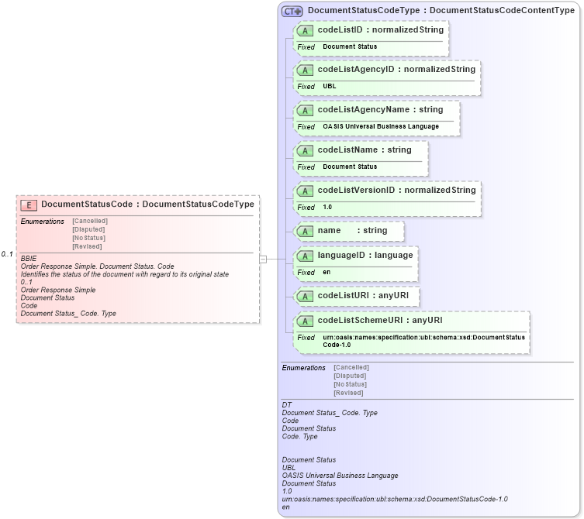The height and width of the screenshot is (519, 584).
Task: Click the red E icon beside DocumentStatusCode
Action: tap(28, 205)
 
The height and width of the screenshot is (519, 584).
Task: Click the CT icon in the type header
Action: tap(292, 11)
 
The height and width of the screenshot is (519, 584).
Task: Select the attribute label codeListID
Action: tap(340, 30)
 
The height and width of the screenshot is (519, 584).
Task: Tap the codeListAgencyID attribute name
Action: tap(356, 70)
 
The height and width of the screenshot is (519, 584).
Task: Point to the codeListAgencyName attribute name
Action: tap(363, 110)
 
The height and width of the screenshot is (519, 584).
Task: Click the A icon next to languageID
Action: tap(306, 256)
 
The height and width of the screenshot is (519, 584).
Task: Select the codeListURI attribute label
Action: tap(346, 296)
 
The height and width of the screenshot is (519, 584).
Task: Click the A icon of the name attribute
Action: tap(306, 231)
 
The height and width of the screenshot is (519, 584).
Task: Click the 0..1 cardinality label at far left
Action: tap(7, 255)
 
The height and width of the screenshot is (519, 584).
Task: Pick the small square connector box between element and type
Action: tap(263, 259)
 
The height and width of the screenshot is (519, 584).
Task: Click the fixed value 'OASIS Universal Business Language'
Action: tap(381, 126)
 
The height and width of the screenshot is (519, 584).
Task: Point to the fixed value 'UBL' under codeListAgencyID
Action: tap(330, 86)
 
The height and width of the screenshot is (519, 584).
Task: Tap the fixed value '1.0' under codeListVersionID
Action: tap(327, 207)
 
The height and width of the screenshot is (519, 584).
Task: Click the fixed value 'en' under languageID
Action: tap(327, 272)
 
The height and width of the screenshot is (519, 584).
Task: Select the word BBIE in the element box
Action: tap(29, 258)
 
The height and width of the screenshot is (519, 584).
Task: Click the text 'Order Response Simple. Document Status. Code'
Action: tap(98, 266)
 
